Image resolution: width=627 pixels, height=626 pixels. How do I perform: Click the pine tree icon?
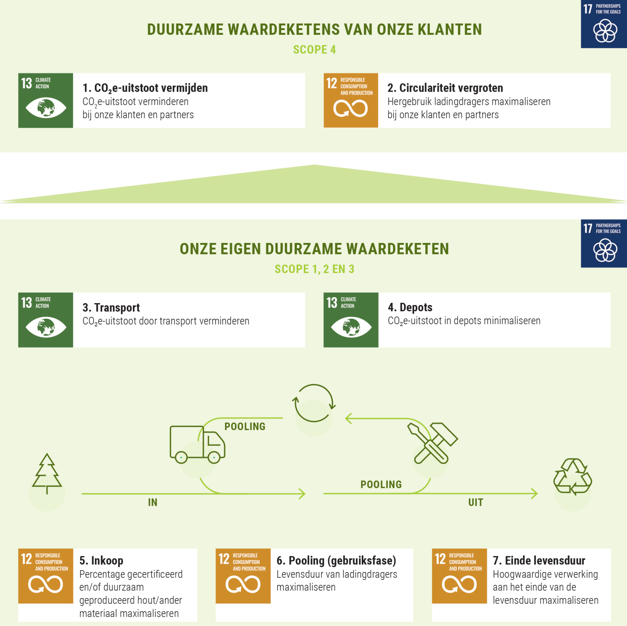point(47,474)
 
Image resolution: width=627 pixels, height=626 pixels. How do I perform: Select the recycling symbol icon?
point(572,477)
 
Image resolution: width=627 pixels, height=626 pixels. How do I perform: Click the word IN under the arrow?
point(153,502)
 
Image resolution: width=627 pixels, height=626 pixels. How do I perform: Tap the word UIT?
point(475,502)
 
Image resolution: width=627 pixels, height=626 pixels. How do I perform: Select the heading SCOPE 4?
point(314,49)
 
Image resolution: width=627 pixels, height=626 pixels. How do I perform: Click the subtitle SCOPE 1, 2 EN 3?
point(314,269)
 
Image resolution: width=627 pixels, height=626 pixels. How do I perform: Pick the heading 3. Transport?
point(111,308)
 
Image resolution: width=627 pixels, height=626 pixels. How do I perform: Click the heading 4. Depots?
point(410,307)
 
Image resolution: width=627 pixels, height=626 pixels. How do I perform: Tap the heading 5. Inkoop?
point(101,560)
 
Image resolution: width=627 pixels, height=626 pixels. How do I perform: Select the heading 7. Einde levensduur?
point(539,560)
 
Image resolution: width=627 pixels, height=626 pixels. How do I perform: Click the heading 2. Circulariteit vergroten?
point(445,88)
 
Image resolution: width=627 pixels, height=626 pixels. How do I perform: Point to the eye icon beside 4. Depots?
point(351,327)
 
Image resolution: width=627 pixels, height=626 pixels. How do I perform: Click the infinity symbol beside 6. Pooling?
point(243,584)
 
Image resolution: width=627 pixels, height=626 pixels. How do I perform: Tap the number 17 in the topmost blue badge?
point(588,9)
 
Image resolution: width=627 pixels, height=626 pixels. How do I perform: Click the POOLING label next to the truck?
point(245,426)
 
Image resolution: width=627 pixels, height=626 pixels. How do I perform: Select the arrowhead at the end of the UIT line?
point(535,493)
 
